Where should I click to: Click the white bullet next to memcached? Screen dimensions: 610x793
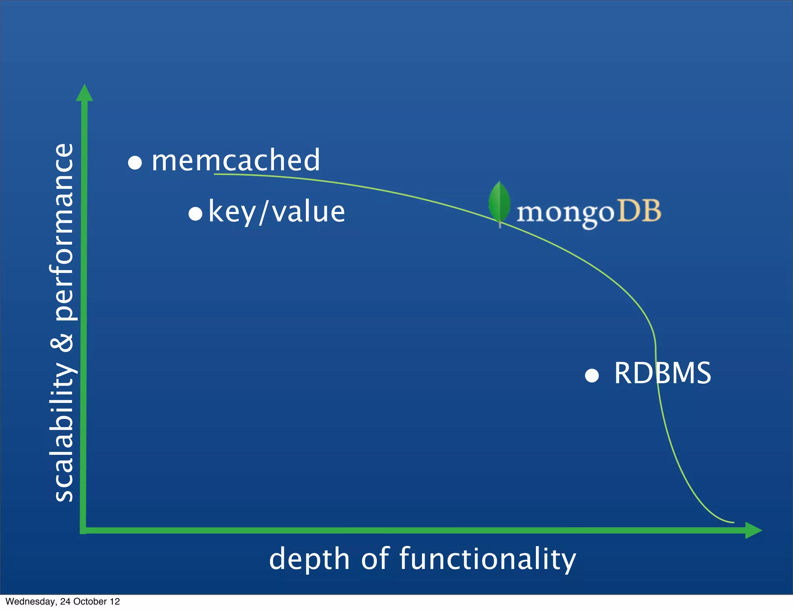click(x=135, y=162)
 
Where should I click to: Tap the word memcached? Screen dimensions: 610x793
click(x=236, y=160)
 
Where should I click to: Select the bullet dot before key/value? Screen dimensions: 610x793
click(x=196, y=213)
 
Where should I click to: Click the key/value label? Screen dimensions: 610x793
click(x=276, y=212)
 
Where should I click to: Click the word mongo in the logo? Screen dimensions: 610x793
click(x=565, y=213)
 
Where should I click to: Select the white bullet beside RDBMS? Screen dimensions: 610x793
click(x=592, y=375)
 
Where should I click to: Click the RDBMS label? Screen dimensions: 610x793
click(x=663, y=373)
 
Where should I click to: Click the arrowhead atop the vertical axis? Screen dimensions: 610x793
click(x=84, y=93)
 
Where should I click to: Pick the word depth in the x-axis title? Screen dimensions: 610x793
click(x=309, y=559)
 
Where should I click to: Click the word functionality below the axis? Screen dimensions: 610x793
click(x=487, y=559)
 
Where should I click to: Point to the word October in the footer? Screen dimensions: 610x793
click(x=90, y=601)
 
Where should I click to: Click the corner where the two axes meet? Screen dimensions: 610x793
click(x=83, y=530)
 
